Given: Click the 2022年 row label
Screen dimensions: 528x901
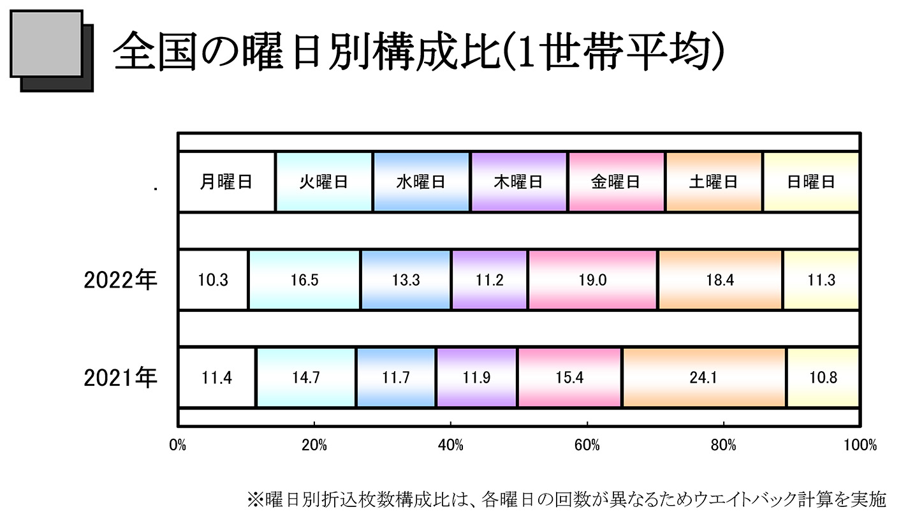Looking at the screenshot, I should click(120, 281).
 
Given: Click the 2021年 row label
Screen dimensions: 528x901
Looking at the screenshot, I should click(120, 378).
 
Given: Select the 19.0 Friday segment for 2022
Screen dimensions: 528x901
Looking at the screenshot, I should click(593, 281).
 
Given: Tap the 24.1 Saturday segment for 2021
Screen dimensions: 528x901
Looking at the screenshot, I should click(705, 378).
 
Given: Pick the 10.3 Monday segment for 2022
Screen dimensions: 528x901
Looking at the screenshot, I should click(214, 281).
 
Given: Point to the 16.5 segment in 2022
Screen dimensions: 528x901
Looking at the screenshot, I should click(304, 281).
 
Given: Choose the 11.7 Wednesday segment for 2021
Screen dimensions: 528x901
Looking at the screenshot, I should click(396, 378).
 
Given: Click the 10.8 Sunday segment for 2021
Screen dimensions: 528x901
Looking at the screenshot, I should click(823, 378).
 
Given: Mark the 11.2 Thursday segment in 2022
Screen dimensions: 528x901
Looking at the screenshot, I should click(490, 281).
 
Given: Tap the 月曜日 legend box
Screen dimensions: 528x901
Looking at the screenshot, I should click(226, 182).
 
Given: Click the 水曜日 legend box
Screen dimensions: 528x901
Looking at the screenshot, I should click(421, 182).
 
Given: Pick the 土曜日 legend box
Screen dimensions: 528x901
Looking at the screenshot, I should click(714, 182).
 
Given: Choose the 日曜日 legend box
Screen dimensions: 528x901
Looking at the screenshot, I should click(811, 182).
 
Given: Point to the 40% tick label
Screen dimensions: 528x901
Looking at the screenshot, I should click(451, 445).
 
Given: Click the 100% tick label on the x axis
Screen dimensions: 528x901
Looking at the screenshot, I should click(860, 445).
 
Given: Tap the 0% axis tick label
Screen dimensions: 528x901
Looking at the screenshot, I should click(178, 445).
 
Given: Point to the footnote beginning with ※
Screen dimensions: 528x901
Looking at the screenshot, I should click(566, 499).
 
